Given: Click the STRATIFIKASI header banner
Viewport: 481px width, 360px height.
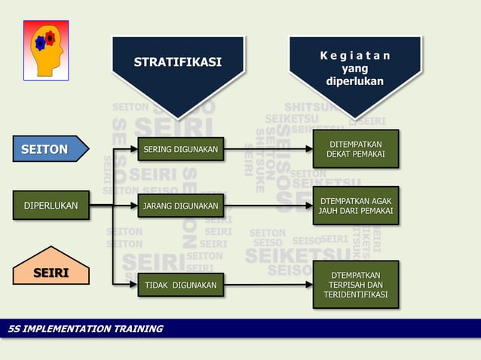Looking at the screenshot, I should [x=178, y=63].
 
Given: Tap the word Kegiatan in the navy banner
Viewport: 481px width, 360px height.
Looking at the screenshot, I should [x=354, y=56].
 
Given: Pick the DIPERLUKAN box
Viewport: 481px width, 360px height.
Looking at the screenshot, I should [x=51, y=205].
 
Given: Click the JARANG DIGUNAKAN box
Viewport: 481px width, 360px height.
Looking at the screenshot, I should [x=180, y=206].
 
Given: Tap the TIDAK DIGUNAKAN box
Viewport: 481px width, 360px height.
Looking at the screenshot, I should [x=180, y=285].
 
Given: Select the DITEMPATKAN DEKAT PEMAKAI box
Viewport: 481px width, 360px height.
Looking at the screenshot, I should [x=355, y=149].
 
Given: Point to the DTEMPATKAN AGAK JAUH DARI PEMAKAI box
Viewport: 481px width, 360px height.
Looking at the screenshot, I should [x=355, y=206].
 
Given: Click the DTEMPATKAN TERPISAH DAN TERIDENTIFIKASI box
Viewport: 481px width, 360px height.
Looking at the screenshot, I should [x=355, y=285].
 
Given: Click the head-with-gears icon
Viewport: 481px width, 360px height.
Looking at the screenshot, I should [x=46, y=50].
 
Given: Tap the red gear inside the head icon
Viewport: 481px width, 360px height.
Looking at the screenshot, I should [x=51, y=37].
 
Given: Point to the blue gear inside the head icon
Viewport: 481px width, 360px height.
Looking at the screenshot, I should [x=40, y=43].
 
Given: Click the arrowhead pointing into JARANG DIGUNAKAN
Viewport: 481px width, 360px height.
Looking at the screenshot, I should [x=133, y=206].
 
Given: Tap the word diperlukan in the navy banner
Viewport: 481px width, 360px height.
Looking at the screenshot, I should [x=354, y=81].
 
